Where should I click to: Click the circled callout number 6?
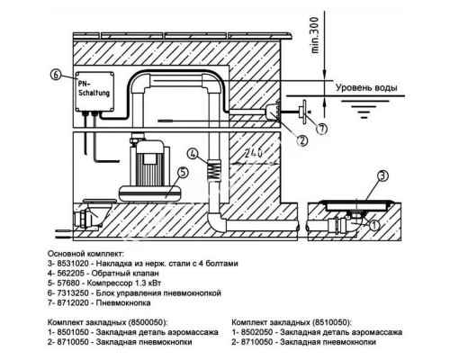tap(56, 75)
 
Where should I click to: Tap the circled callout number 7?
tap(321, 129)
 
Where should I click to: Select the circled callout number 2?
tap(302, 140)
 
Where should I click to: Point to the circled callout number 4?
tap(193, 154)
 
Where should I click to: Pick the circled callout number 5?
tap(184, 173)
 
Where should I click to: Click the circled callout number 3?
tap(382, 175)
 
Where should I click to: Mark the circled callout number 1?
tap(374, 225)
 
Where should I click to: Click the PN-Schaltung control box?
tap(94, 91)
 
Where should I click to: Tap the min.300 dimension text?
tap(315, 35)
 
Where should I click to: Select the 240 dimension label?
tap(254, 153)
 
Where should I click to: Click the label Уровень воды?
tap(366, 87)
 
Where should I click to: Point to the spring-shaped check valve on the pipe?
tap(213, 169)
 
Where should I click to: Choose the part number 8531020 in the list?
tap(72, 264)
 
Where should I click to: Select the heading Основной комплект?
tap(85, 254)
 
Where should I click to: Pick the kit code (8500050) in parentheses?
tap(147, 322)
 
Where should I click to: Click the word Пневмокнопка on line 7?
tap(123, 302)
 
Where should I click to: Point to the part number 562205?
tap(69, 274)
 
